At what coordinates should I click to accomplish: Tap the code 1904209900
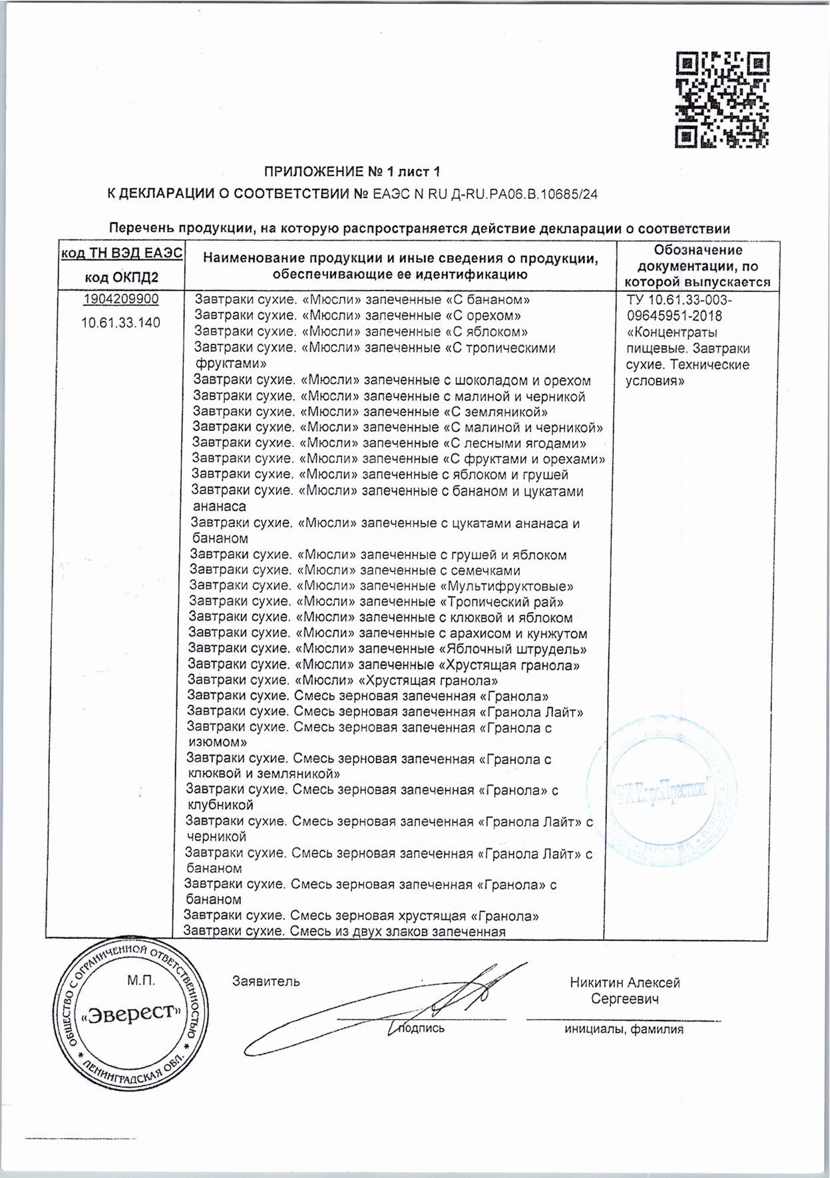tap(120, 299)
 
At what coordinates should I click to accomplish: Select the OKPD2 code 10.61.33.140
tap(120, 323)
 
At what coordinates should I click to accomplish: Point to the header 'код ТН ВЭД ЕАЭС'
tap(121, 253)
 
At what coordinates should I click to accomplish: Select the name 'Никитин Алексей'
tap(624, 982)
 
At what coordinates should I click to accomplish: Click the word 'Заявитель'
tap(266, 981)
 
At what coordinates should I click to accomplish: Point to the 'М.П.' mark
tap(140, 980)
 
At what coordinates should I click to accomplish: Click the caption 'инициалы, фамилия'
tap(624, 1030)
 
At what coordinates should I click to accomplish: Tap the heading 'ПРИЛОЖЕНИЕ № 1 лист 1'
tap(353, 172)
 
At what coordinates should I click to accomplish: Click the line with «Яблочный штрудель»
tap(387, 649)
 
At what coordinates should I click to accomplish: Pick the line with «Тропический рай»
tap(376, 602)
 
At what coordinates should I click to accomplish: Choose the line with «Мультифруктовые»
tap(381, 586)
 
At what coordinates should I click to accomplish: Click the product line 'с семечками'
tap(355, 571)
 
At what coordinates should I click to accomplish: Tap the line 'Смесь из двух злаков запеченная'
tap(344, 931)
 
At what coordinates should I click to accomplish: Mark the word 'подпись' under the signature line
tap(421, 1028)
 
